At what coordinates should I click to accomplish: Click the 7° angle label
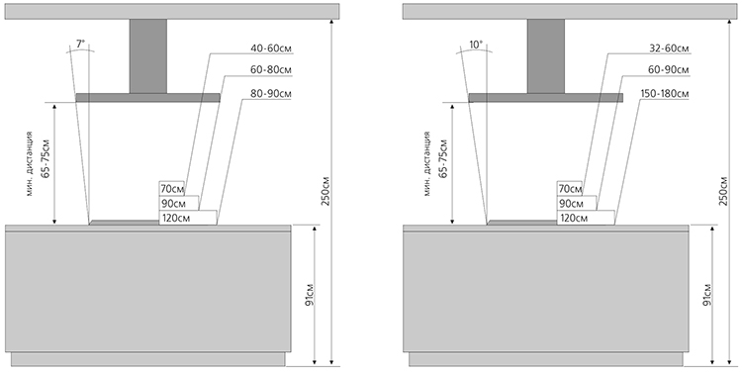click(x=81, y=44)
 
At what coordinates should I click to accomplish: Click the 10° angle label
click(x=476, y=45)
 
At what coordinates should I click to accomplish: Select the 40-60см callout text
click(x=271, y=48)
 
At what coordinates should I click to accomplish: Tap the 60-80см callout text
click(x=271, y=70)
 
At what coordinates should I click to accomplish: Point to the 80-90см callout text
click(x=271, y=94)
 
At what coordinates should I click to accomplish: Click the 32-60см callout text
click(x=669, y=48)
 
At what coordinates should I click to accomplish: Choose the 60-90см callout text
click(x=669, y=70)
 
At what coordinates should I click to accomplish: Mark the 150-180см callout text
click(x=665, y=94)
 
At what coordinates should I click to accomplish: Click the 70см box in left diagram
click(x=172, y=189)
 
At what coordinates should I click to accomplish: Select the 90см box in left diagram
click(x=179, y=204)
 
